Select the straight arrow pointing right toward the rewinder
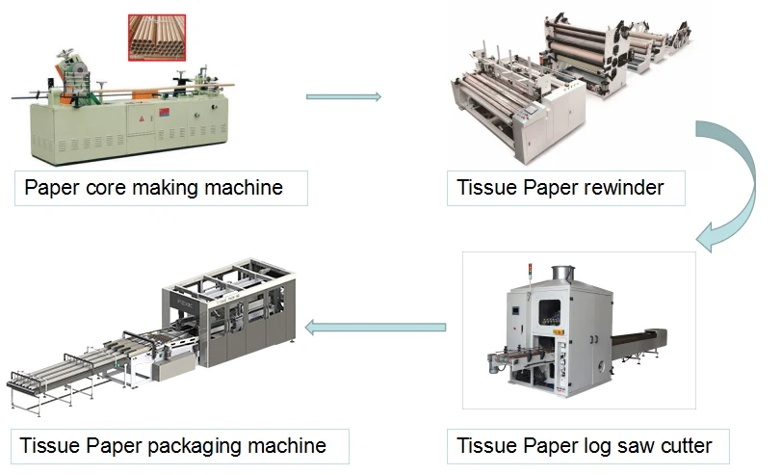click(x=344, y=96)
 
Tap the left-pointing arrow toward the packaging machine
click(x=376, y=328)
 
